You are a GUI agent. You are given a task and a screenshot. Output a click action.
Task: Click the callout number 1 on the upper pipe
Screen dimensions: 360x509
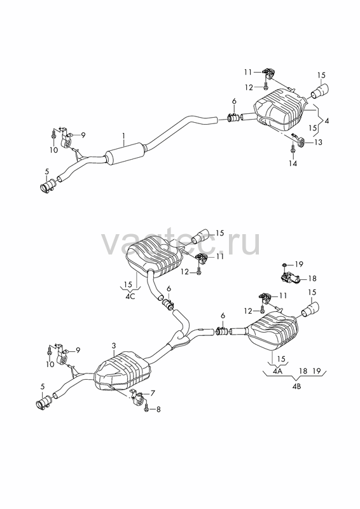tap(123, 141)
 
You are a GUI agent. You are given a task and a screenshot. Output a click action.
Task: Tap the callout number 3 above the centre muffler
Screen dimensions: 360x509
tap(114, 346)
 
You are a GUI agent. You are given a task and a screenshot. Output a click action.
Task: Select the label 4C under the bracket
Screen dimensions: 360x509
tap(130, 296)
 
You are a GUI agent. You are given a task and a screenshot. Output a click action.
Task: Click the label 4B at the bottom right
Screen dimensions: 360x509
tap(296, 386)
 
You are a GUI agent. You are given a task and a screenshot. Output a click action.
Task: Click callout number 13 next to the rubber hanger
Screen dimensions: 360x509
tap(318, 142)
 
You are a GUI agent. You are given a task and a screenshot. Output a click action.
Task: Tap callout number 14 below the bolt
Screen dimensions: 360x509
tap(293, 164)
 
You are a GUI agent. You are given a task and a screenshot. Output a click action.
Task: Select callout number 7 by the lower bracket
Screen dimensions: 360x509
tap(153, 393)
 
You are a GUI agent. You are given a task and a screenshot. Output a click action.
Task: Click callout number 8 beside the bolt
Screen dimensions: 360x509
tap(158, 410)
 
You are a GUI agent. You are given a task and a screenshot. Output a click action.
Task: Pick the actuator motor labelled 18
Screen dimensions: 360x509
tap(289, 277)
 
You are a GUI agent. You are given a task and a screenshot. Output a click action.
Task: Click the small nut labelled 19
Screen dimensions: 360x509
tap(284, 265)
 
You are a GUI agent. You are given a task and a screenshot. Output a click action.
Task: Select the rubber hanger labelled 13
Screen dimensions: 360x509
tap(300, 141)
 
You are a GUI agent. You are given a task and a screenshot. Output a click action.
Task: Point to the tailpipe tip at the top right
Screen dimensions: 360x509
tap(320, 90)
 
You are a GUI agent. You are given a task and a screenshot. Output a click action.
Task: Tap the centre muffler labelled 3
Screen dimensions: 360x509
tap(122, 370)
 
